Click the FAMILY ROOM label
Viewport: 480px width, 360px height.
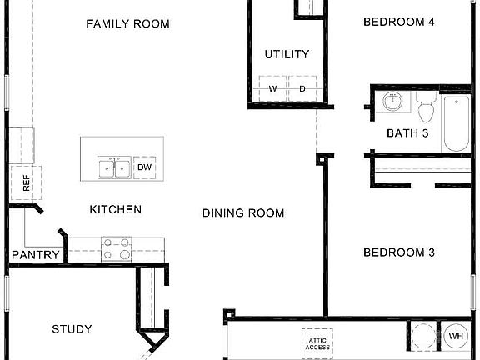(x=127, y=23)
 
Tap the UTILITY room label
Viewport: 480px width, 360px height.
(x=287, y=54)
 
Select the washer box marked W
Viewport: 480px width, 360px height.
(x=272, y=88)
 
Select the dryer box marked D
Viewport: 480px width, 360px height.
(x=302, y=88)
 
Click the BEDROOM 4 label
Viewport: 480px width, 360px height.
(x=399, y=22)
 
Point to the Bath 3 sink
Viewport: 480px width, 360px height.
(x=392, y=102)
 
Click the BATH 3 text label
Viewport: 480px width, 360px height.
(x=408, y=133)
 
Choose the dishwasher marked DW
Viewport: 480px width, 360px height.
(x=144, y=167)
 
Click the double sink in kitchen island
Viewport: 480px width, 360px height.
(x=115, y=167)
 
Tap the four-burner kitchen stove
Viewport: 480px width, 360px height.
(x=116, y=247)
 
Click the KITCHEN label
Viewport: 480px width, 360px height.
(x=115, y=210)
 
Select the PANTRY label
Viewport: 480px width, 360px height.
(x=36, y=255)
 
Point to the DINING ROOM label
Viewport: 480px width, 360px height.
(x=242, y=213)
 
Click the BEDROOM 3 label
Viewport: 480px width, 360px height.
(x=398, y=252)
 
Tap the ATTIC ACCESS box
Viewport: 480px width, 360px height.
(x=317, y=341)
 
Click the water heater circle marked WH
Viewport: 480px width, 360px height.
(x=456, y=337)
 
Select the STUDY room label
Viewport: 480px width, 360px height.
(x=72, y=329)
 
